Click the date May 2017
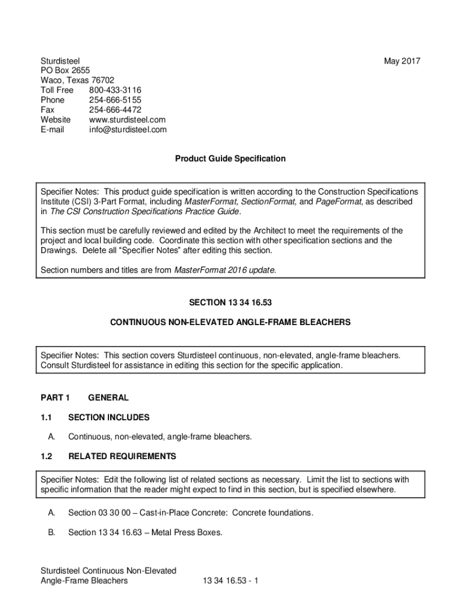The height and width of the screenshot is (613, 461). [x=402, y=61]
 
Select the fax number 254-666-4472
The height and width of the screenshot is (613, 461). [x=115, y=110]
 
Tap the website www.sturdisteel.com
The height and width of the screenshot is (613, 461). [x=127, y=120]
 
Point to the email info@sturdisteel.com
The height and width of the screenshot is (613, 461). [x=128, y=129]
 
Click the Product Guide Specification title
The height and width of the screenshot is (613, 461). [x=230, y=159]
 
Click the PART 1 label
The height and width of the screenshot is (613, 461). [x=55, y=397]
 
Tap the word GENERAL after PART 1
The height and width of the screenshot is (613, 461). [x=108, y=397]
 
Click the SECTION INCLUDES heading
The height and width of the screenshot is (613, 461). [x=109, y=417]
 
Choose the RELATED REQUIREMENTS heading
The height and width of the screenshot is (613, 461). [x=122, y=456]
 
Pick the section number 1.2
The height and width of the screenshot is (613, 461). [x=46, y=456]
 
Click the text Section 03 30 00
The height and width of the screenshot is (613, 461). [x=99, y=513]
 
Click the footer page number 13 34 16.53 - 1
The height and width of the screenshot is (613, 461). [x=230, y=581]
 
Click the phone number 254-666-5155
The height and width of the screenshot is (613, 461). [x=115, y=100]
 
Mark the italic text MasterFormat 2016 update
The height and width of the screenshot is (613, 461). [x=225, y=270]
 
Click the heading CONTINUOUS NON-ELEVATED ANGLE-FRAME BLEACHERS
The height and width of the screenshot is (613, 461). [x=230, y=322]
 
